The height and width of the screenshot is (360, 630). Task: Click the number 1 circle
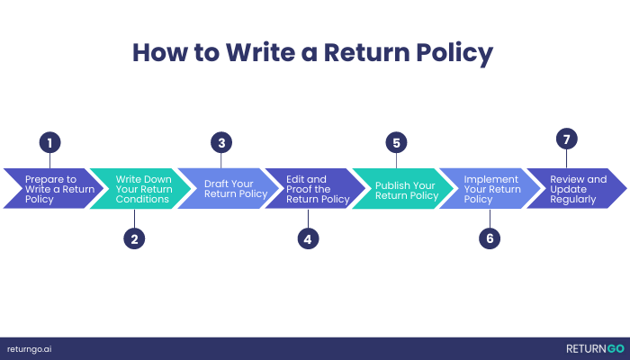49,142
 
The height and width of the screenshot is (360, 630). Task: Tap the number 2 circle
134,238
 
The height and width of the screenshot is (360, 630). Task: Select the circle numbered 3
221,142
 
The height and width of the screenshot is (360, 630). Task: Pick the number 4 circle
308,238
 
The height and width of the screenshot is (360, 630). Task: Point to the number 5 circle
396,142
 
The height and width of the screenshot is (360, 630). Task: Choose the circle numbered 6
490,238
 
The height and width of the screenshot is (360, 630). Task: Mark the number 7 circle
566,139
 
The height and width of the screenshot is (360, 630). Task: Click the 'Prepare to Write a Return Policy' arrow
53,188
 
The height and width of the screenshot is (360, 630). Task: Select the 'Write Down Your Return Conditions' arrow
140,188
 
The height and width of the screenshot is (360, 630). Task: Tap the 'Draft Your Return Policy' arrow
229,188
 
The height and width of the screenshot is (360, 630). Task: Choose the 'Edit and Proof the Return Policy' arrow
315,188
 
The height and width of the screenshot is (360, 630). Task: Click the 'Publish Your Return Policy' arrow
403,188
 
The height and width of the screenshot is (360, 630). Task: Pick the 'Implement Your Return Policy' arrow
490,188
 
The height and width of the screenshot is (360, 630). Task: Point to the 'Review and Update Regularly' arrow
577,188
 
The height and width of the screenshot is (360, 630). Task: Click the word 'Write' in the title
260,52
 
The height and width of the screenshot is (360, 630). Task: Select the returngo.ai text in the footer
30,349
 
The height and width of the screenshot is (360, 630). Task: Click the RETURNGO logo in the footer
596,349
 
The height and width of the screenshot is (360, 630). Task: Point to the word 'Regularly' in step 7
573,199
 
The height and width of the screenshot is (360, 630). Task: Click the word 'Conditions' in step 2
142,199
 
